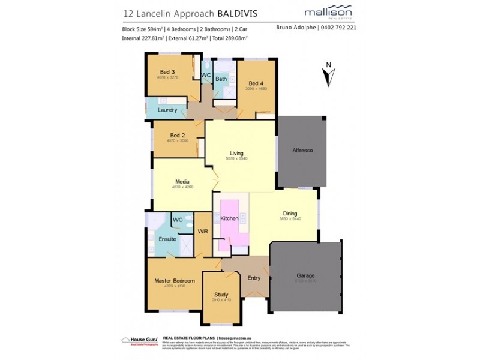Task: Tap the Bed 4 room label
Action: pyautogui.click(x=256, y=83)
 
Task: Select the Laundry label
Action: pyautogui.click(x=167, y=110)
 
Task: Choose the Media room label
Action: pyautogui.click(x=182, y=181)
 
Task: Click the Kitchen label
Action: pyautogui.click(x=230, y=218)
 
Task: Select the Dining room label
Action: pyautogui.click(x=290, y=213)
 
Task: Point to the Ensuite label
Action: pyautogui.click(x=167, y=239)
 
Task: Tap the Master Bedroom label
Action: pyautogui.click(x=175, y=280)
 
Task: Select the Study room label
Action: pyautogui.click(x=222, y=294)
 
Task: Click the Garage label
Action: pyautogui.click(x=306, y=276)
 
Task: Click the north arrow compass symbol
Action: pyautogui.click(x=328, y=75)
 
